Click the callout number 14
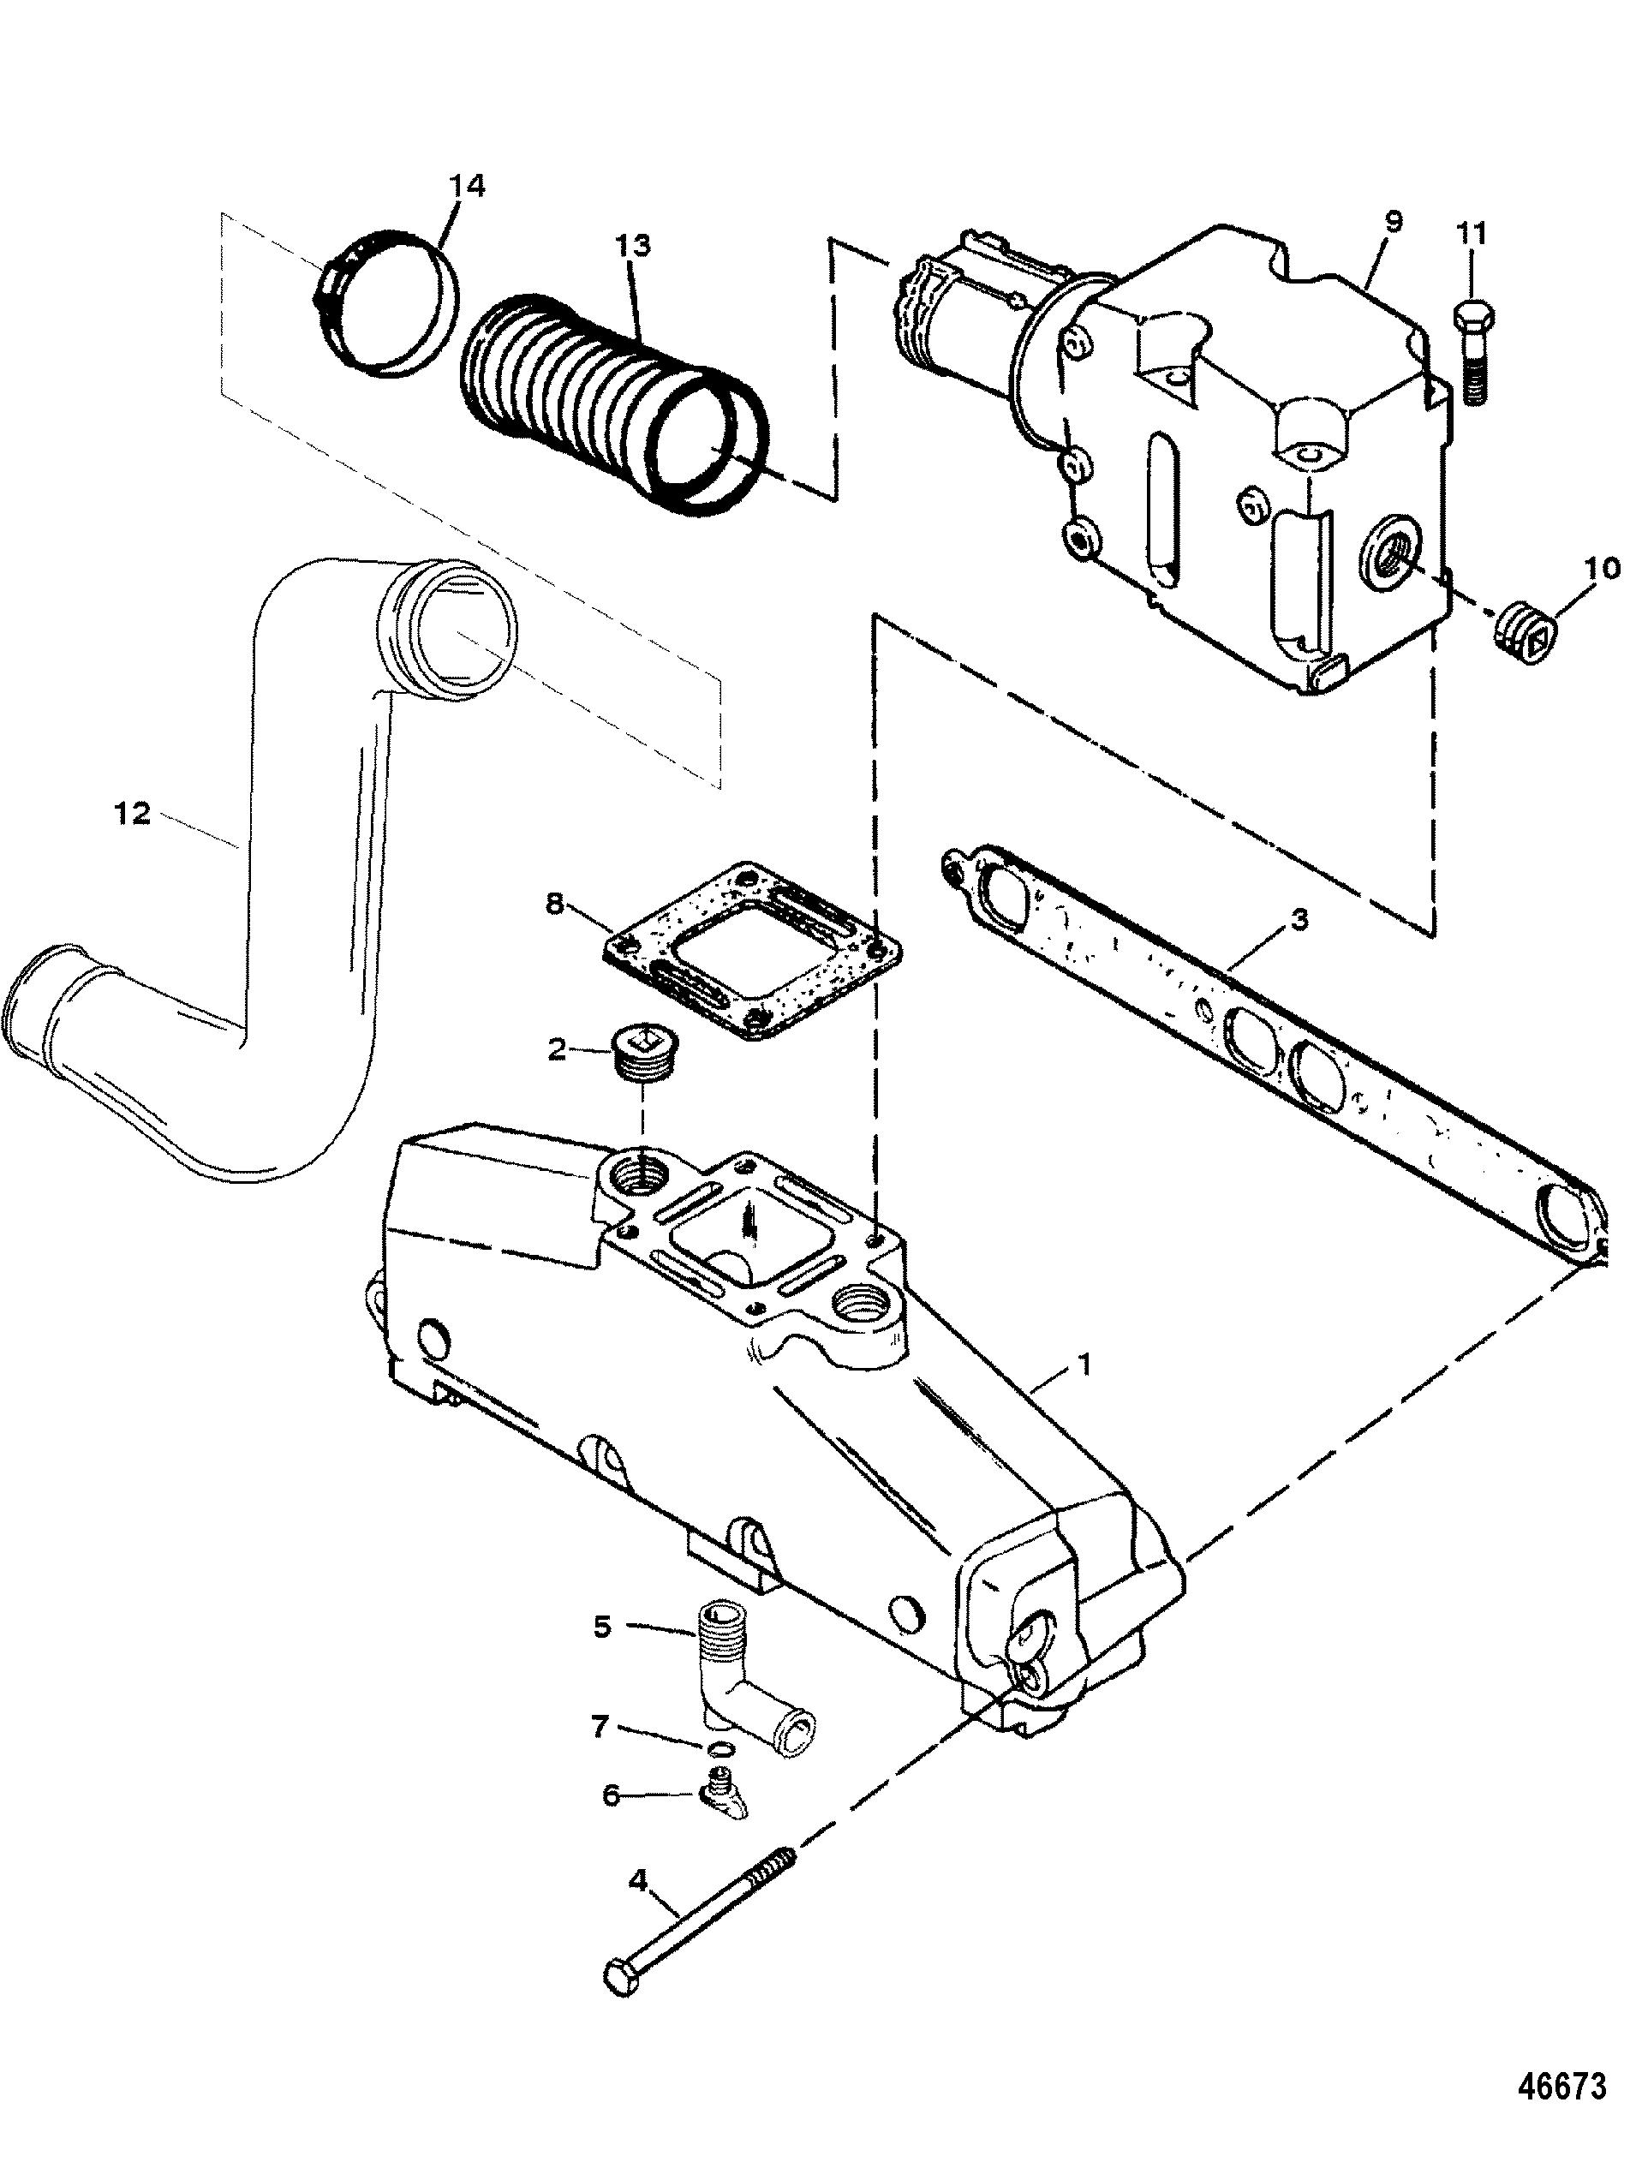[468, 187]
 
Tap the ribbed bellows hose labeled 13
[609, 402]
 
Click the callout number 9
[1394, 222]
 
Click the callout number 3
[1299, 921]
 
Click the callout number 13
[633, 245]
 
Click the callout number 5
[603, 1628]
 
